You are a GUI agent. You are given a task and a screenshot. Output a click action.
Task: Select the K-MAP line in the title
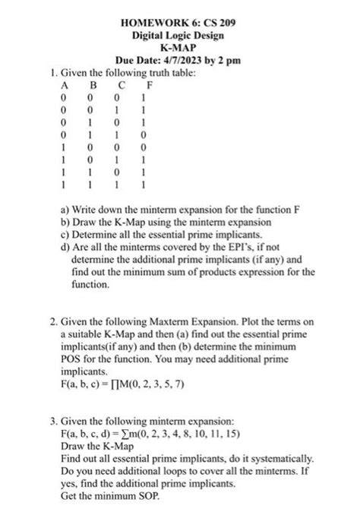click(x=179, y=47)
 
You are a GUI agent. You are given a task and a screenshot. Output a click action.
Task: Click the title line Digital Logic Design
click(x=179, y=35)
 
